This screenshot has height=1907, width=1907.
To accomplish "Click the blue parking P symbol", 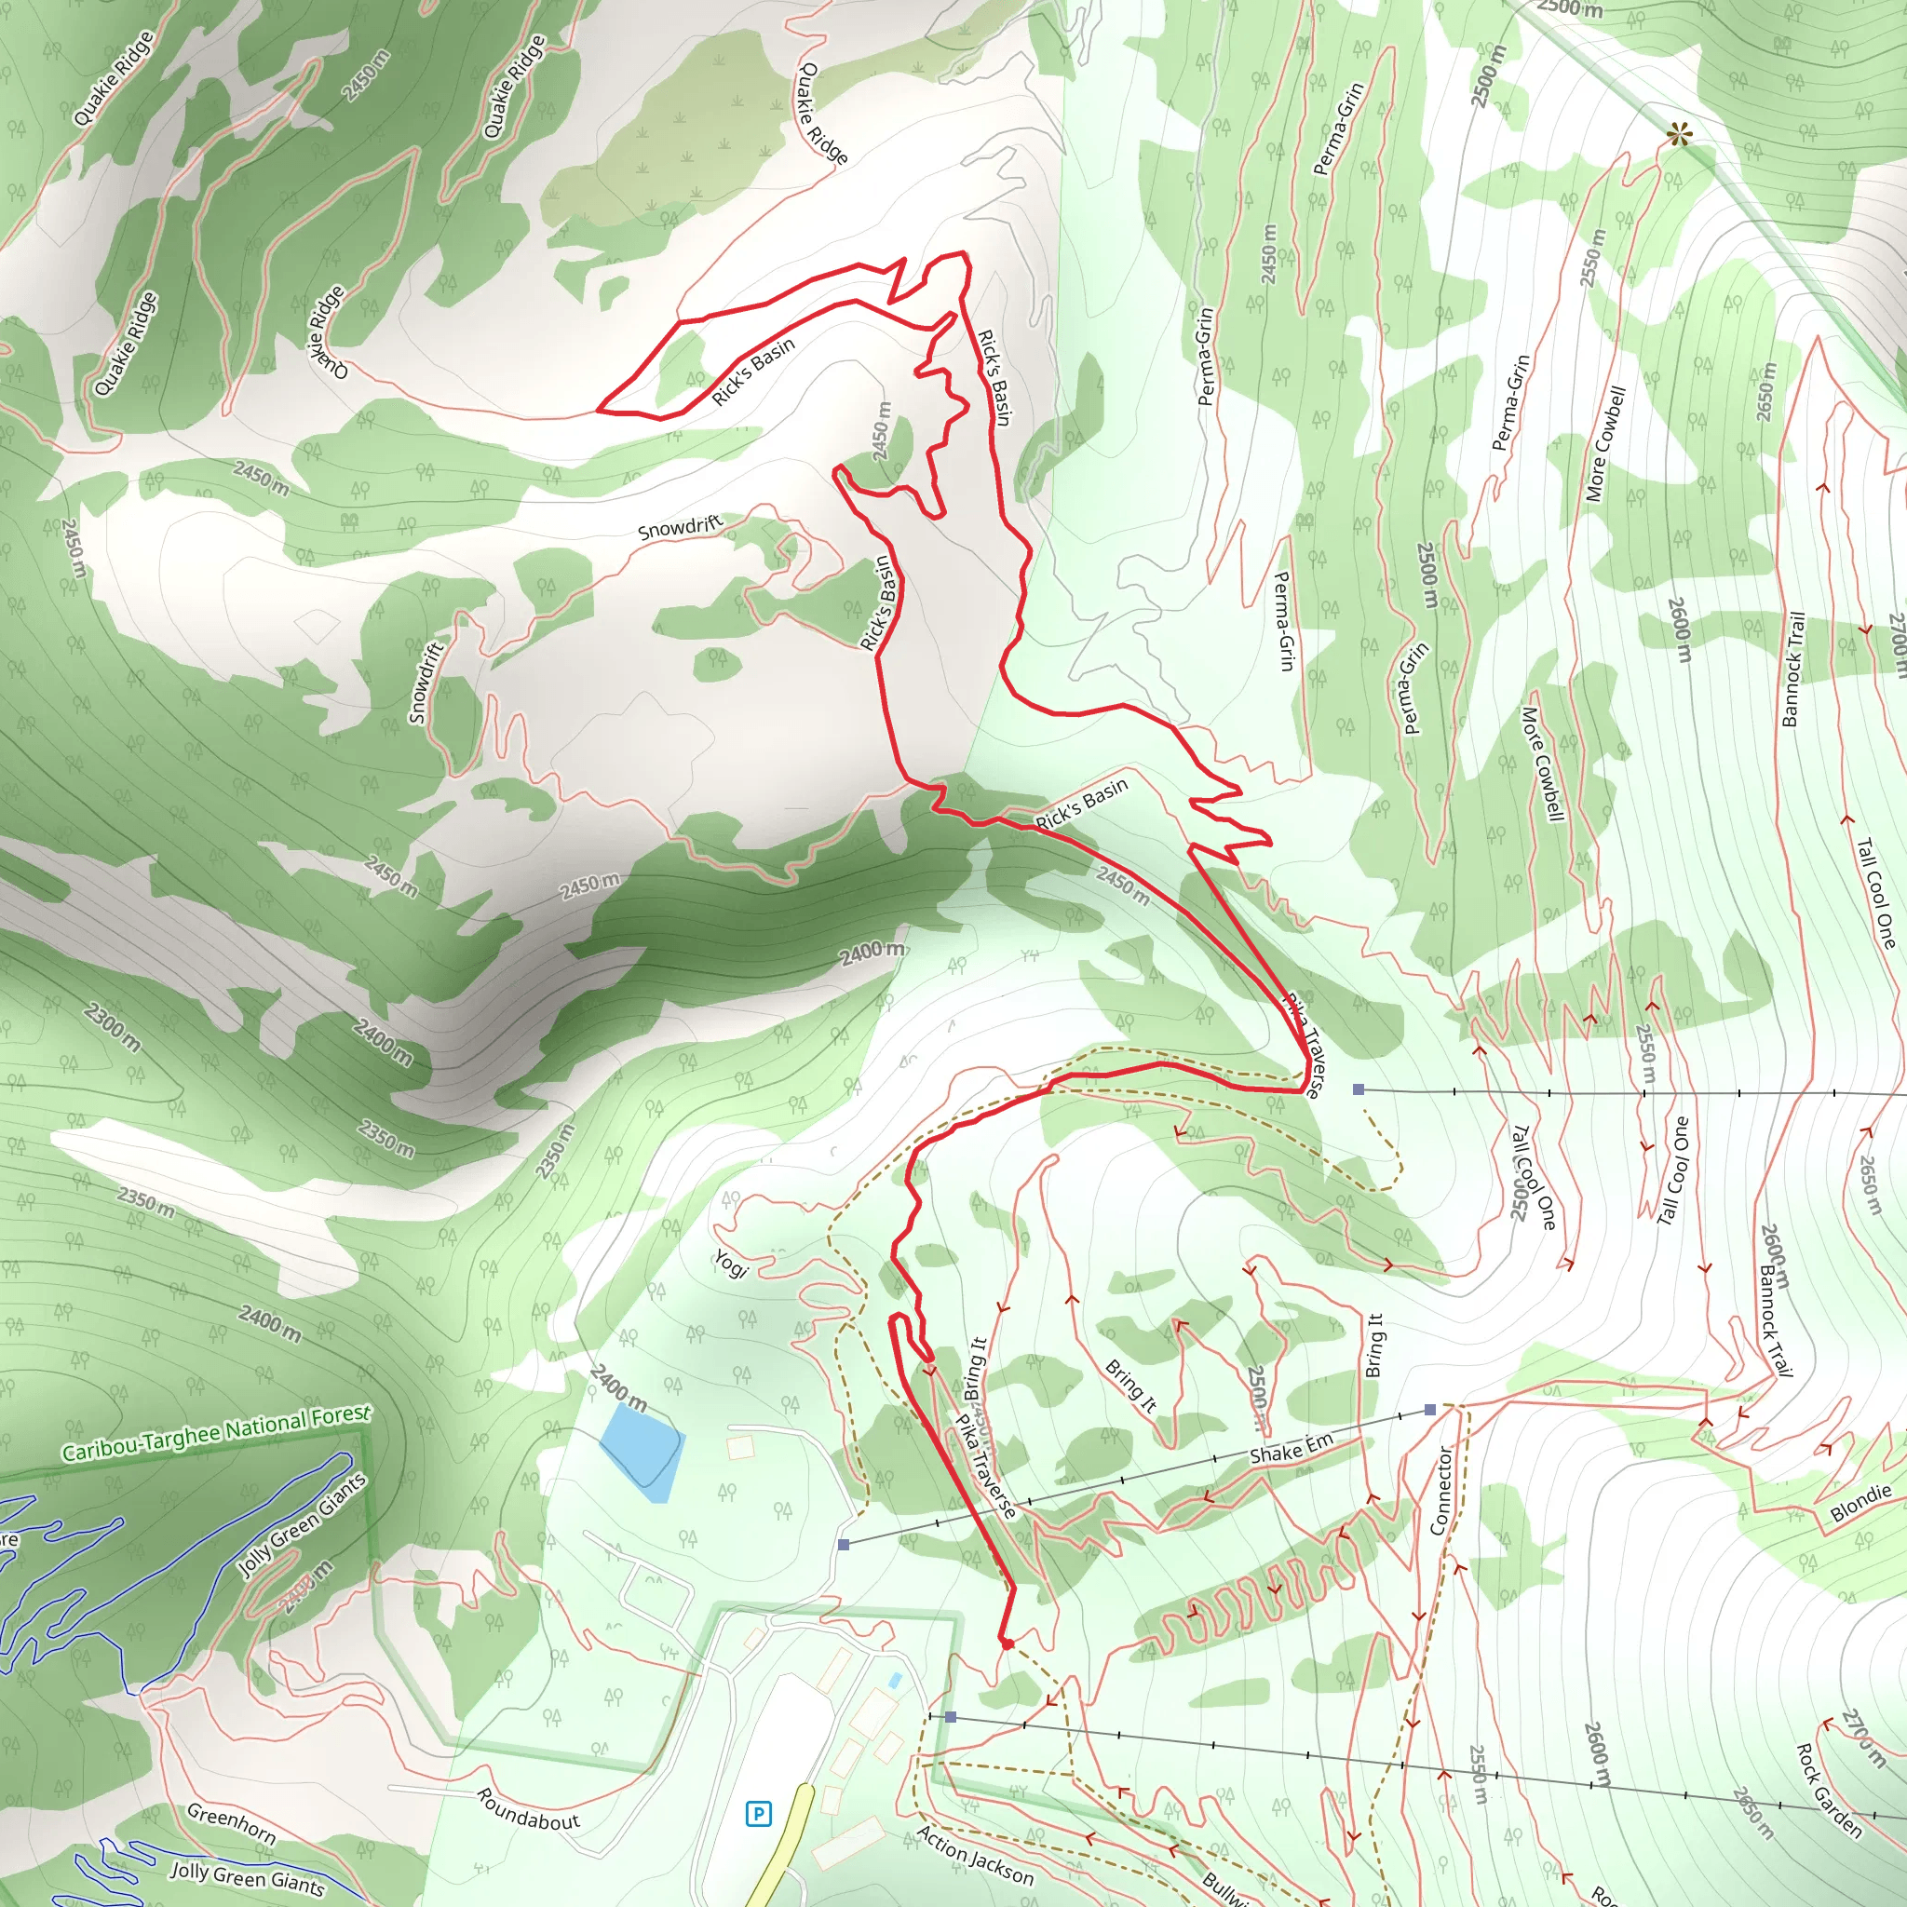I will pos(758,1813).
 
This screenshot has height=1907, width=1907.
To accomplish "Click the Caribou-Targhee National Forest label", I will pos(216,1433).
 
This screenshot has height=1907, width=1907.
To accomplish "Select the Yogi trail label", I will pos(730,1264).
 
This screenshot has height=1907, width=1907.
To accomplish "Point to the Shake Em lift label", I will pos(1292,1448).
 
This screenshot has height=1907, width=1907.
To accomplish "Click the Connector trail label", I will pos(1441,1491).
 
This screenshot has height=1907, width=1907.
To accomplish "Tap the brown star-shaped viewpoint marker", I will pos(1678,134).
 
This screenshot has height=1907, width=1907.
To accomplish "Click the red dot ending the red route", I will pos(1007,1644).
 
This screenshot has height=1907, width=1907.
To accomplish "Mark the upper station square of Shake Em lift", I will pos(1430,1411).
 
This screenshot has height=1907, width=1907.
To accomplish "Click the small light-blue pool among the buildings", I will pos(894,1680).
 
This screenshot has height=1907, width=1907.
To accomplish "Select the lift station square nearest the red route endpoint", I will pos(951,1717).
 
